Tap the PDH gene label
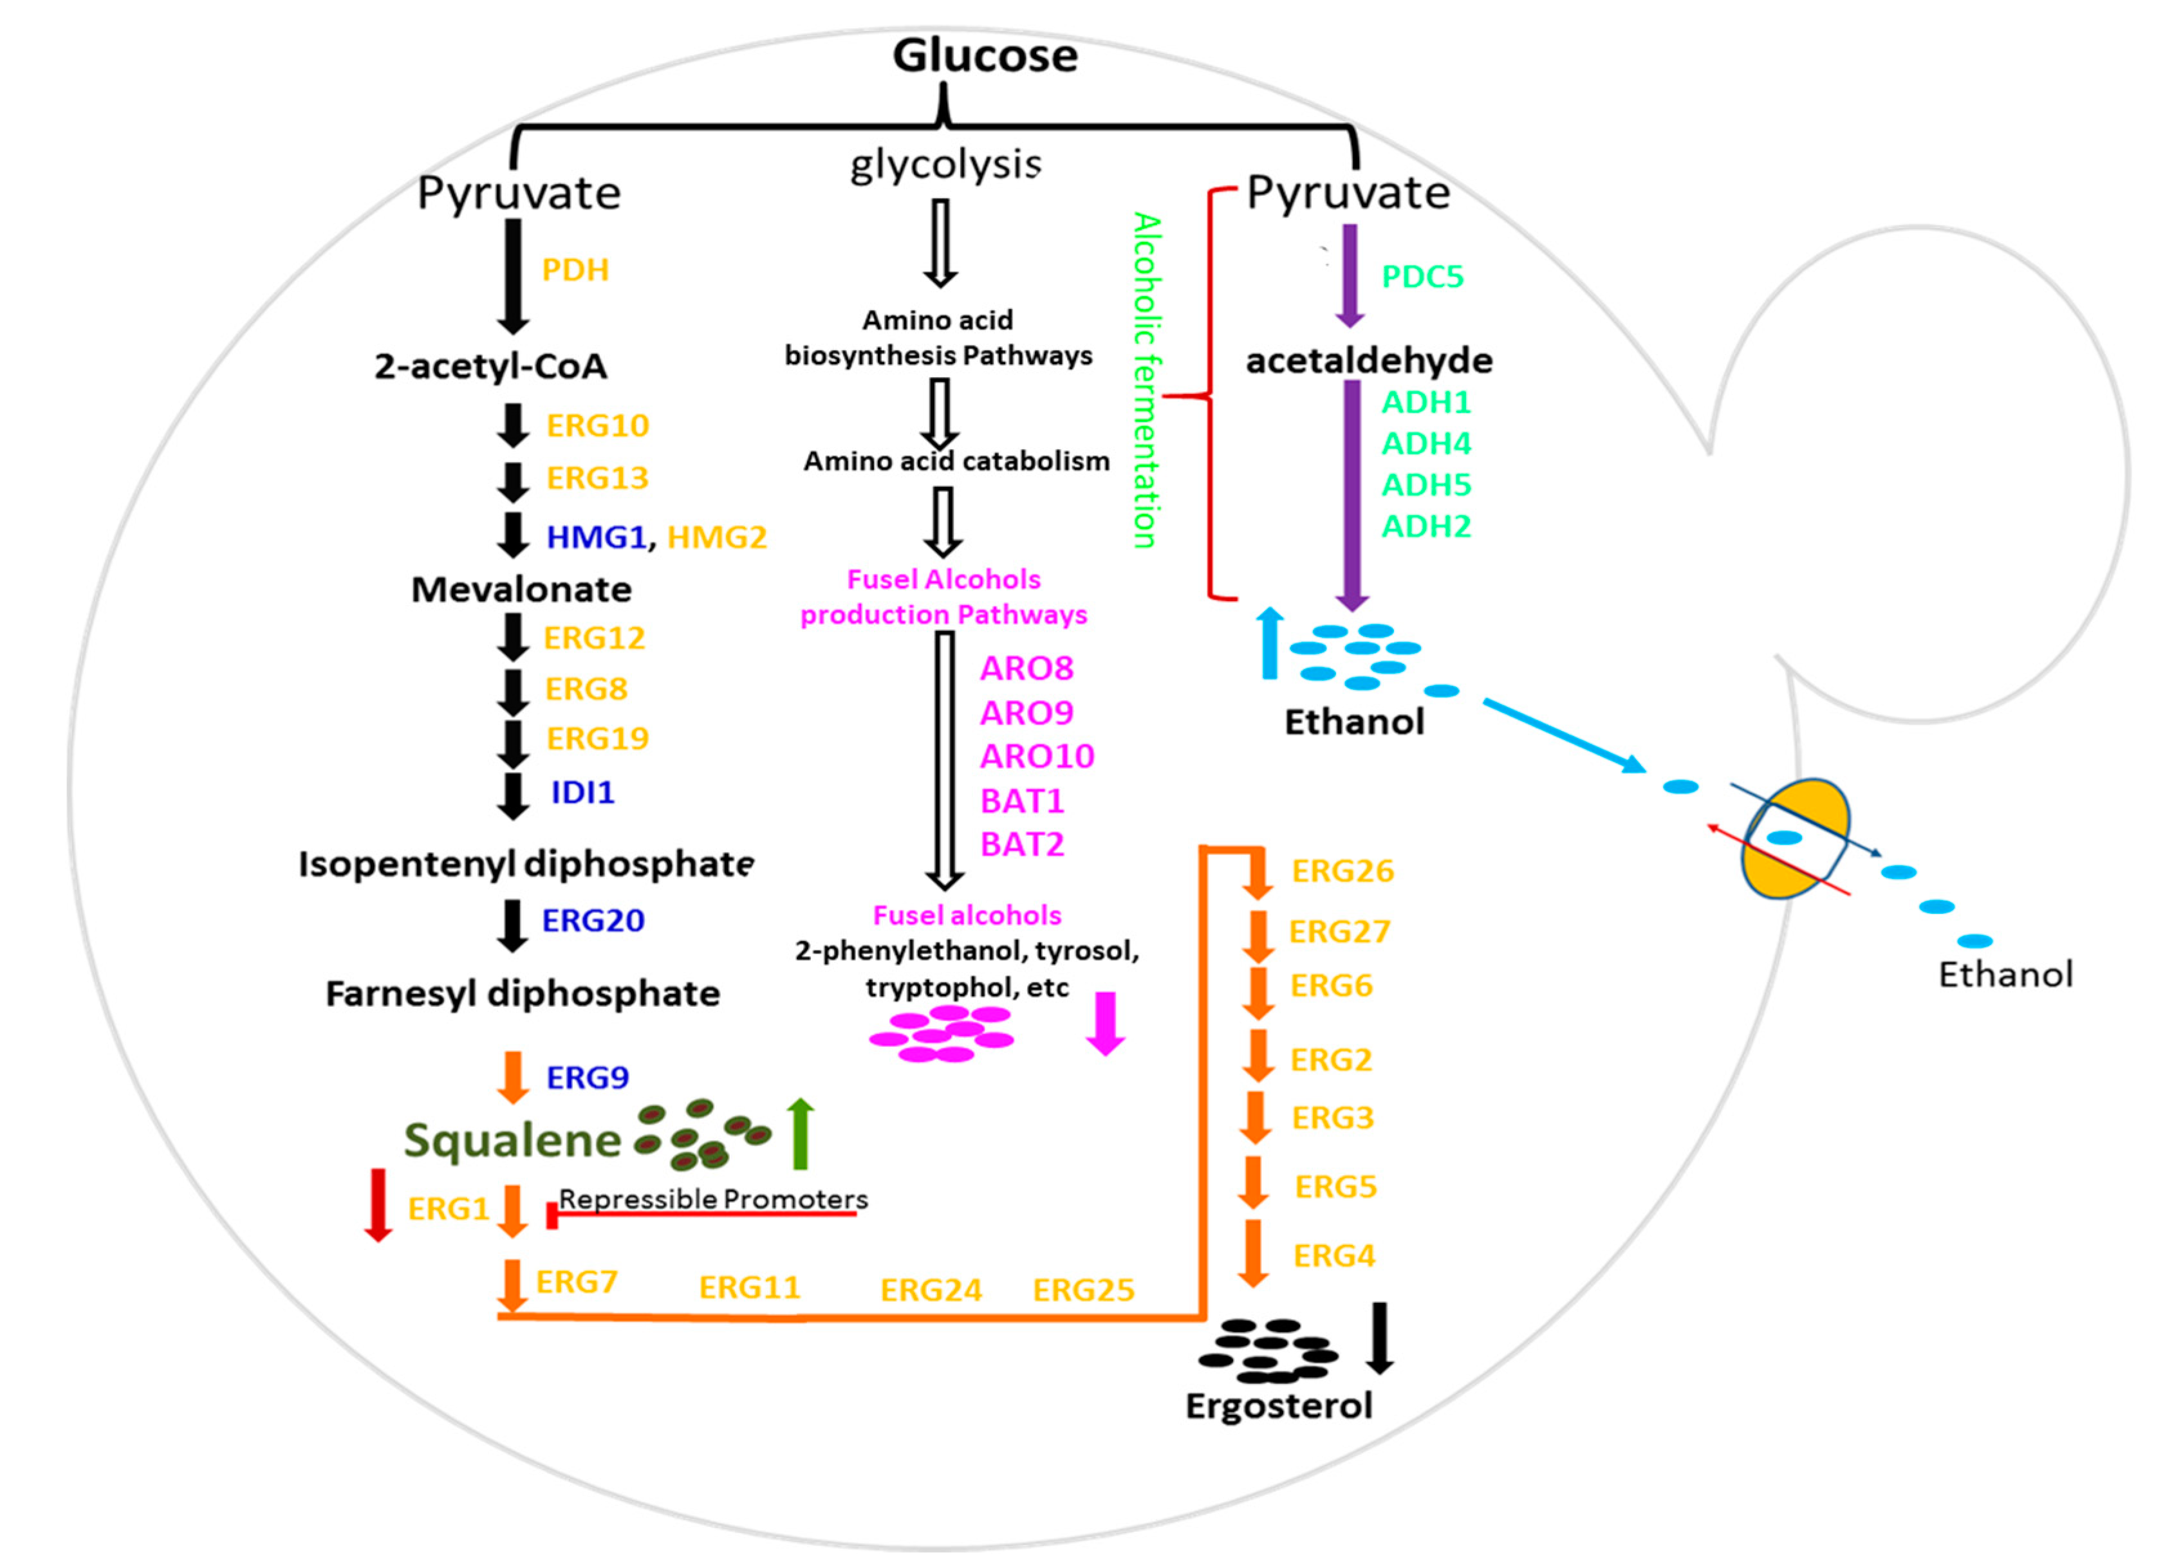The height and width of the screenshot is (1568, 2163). (575, 270)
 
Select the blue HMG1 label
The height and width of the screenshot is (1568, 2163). (596, 537)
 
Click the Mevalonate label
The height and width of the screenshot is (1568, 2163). (521, 589)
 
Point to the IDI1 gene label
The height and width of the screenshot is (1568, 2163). (582, 791)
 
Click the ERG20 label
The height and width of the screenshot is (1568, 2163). (593, 920)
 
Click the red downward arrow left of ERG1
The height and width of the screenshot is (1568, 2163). (378, 1204)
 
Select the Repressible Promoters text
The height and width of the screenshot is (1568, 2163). (712, 1199)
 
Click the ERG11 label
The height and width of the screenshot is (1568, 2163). (750, 1287)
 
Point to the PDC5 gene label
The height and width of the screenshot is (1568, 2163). (1422, 277)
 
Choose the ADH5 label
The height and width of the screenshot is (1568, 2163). (1425, 484)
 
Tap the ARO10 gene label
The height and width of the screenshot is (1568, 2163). (1037, 757)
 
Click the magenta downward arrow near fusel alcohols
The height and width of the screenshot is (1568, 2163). (1106, 1024)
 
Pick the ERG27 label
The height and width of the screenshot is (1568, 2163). (1339, 931)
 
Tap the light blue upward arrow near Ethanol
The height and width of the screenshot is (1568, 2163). (1269, 644)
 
